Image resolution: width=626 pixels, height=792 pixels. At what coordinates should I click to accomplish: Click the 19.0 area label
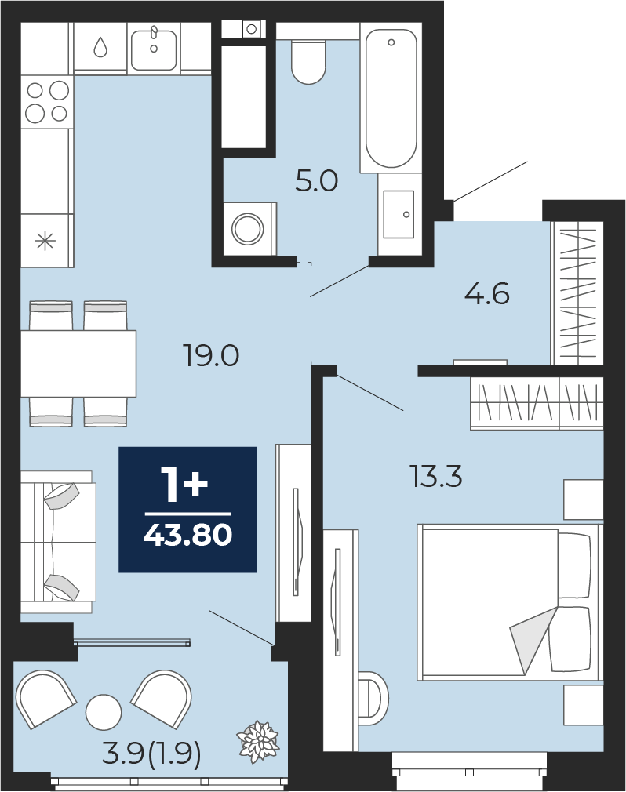(211, 357)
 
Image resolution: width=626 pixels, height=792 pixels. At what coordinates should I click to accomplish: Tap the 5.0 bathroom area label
(316, 182)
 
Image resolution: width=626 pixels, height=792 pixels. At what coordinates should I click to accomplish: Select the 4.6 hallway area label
(486, 295)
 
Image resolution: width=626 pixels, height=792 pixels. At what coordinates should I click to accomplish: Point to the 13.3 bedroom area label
(436, 475)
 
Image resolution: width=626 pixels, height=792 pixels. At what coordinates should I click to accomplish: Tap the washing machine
(249, 229)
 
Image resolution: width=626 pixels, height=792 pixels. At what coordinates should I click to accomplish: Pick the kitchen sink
(154, 48)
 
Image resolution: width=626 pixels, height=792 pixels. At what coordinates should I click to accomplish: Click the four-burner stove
(46, 101)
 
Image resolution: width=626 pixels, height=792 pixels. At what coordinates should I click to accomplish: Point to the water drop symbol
(100, 48)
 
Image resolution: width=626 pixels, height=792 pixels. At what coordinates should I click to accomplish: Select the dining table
(78, 363)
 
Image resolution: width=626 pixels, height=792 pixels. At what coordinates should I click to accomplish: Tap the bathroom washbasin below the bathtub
(398, 213)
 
